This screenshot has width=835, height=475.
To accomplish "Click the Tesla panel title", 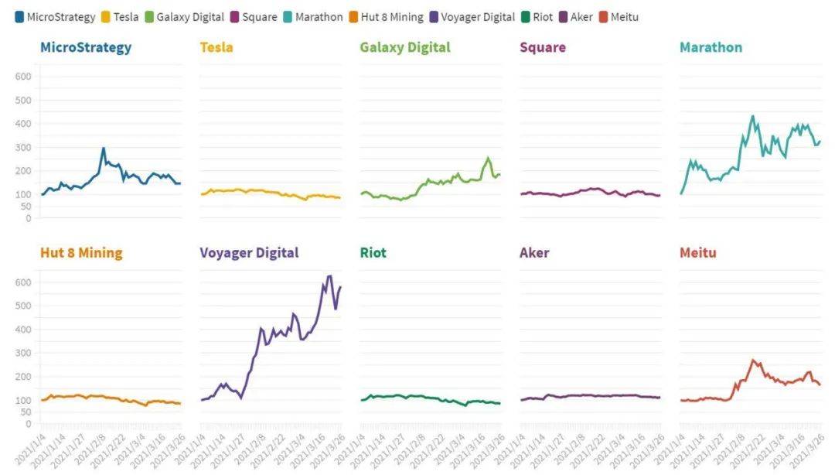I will point(216,47).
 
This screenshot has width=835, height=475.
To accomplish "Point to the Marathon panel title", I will point(711,47).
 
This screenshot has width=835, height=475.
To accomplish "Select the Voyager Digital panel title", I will point(249,253).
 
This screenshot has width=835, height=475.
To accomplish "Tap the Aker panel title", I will point(534,253).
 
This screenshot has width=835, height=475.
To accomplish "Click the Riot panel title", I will point(373,253).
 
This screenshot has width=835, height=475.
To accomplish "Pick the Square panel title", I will point(543,47).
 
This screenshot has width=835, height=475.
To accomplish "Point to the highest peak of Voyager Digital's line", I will point(330,276).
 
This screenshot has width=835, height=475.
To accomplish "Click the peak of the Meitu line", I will point(752,360).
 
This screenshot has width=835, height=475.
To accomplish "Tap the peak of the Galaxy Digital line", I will point(488,159).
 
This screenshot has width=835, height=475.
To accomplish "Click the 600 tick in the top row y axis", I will point(22,77).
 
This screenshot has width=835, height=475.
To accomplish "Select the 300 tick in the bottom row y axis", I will point(22,353).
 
